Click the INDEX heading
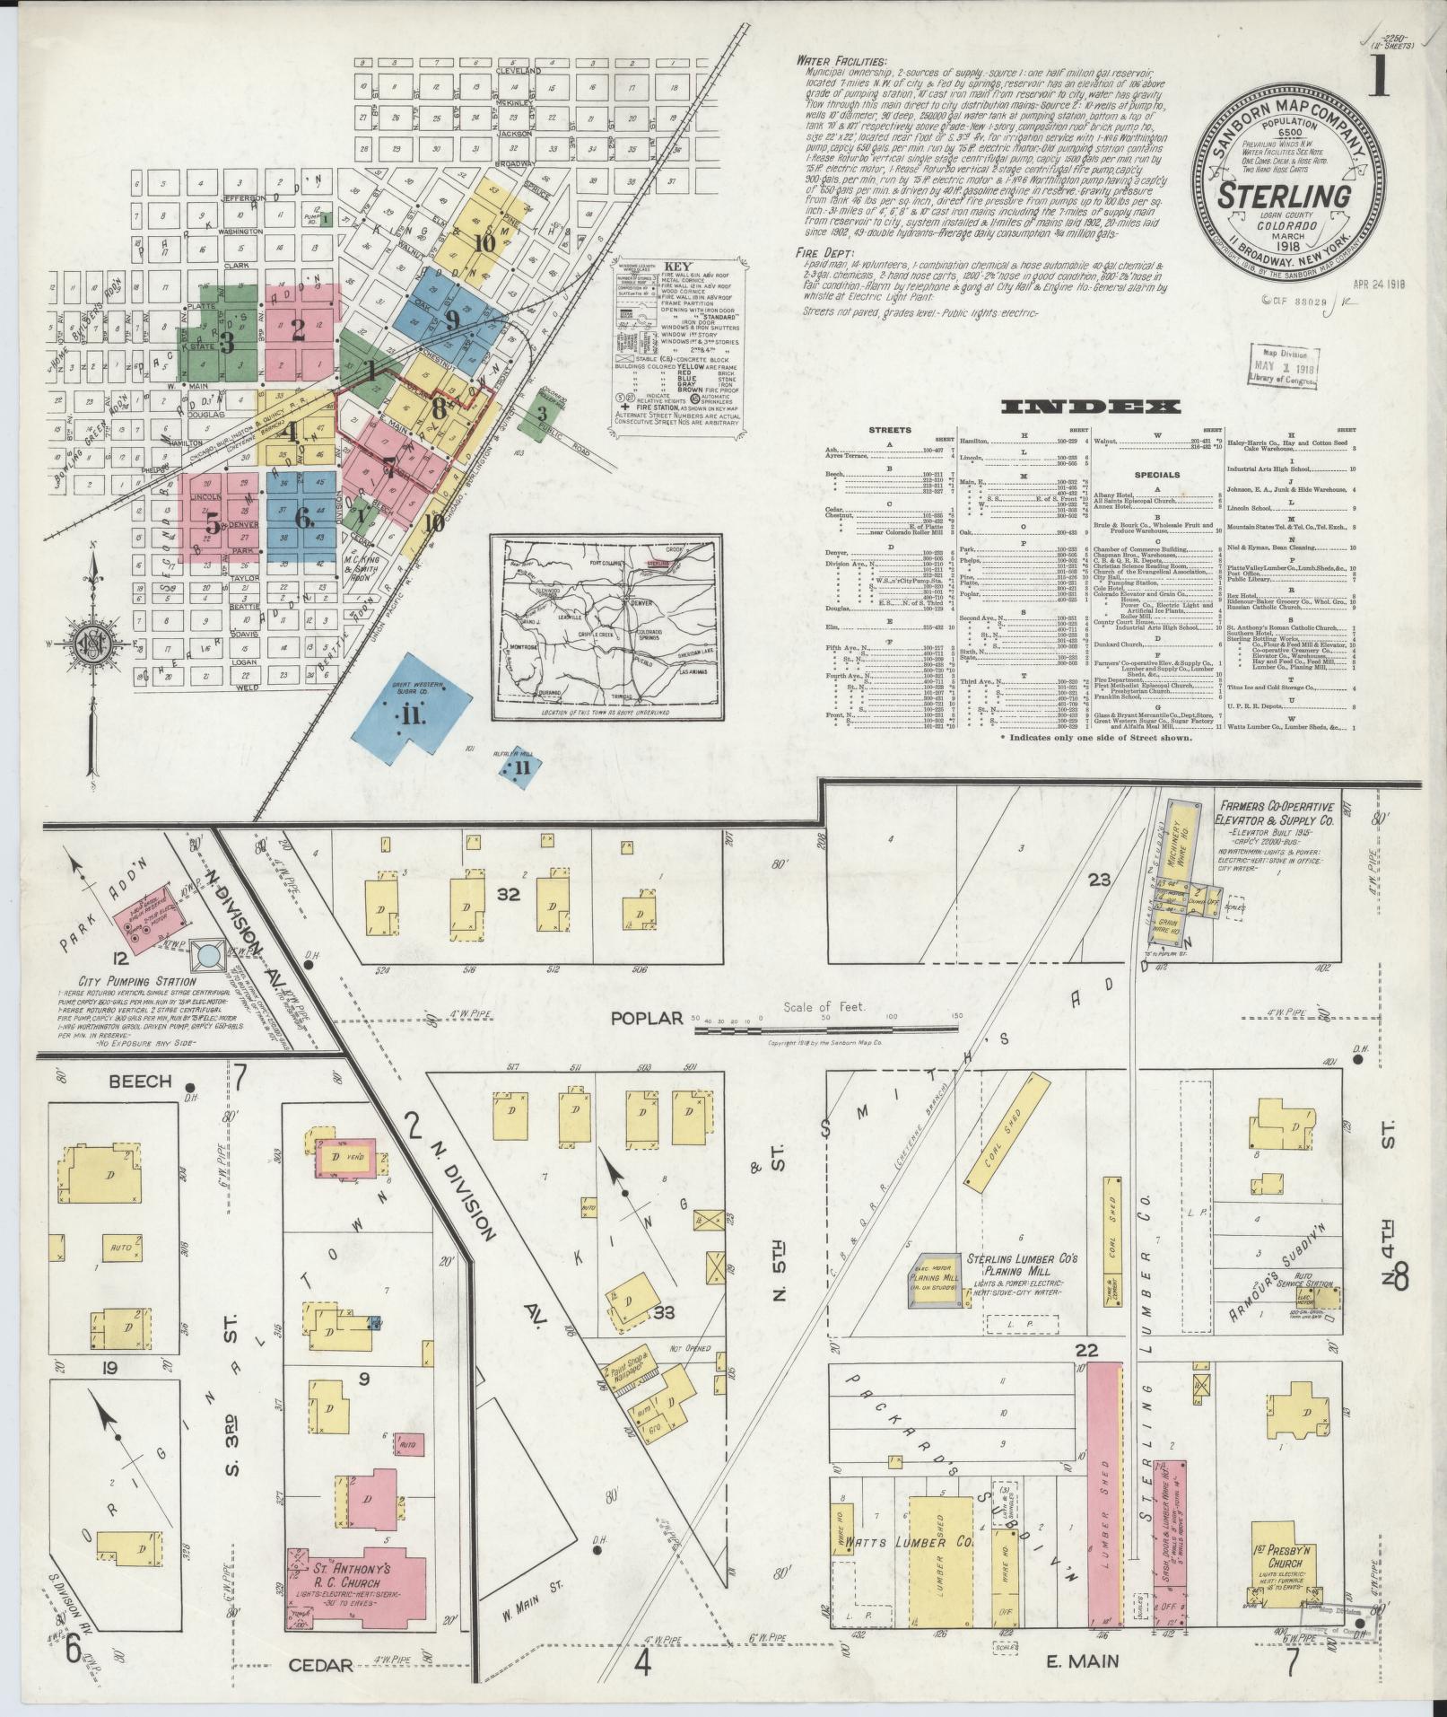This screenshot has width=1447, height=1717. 1090,407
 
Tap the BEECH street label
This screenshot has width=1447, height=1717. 139,1081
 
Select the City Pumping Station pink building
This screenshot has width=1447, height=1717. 148,924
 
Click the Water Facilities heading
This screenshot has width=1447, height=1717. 840,61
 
